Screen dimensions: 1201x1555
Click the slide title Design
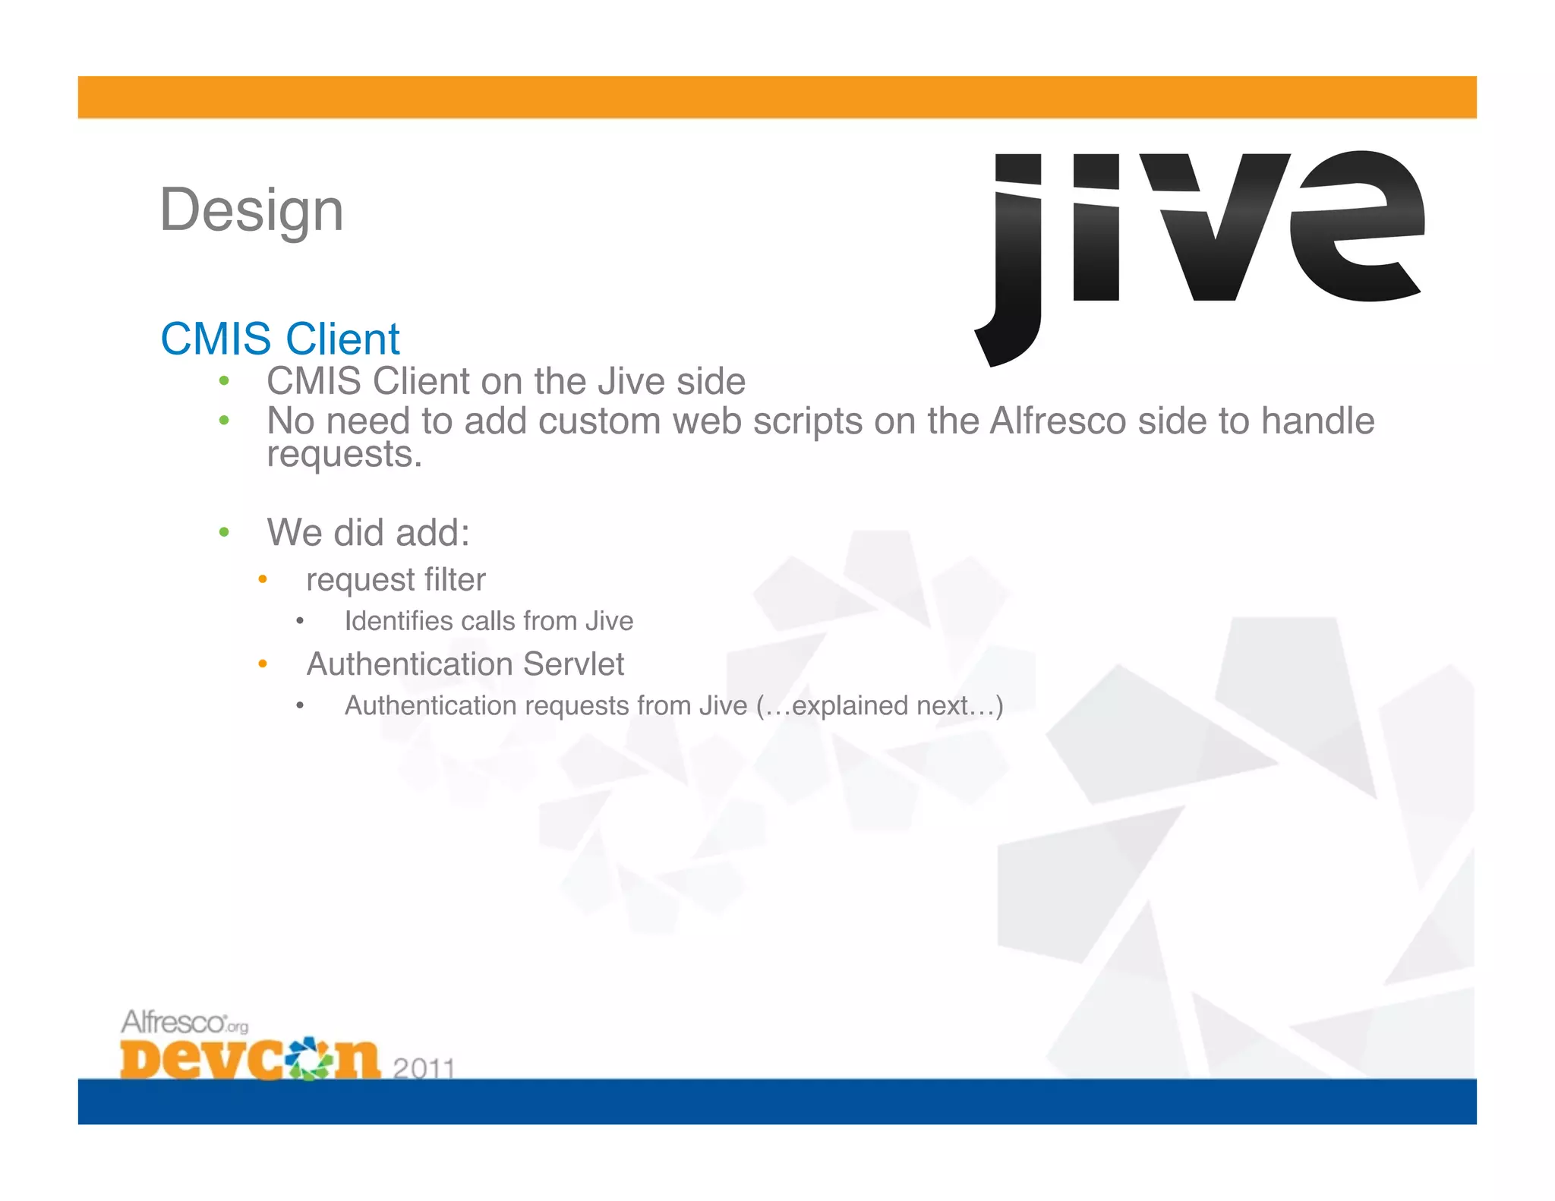[251, 210]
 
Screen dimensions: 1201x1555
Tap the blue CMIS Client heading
[279, 339]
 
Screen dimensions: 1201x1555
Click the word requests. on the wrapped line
[344, 455]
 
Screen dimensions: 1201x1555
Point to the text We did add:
[368, 532]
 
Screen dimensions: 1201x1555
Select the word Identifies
[398, 621]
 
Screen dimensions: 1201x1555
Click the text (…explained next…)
[879, 706]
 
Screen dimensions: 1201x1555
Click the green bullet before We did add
[224, 532]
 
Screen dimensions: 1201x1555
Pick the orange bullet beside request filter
[263, 580]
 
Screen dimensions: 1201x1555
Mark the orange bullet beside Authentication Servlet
[263, 664]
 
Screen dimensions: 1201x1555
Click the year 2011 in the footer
[424, 1068]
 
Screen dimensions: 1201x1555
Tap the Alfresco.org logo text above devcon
[185, 1023]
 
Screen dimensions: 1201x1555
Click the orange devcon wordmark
[250, 1058]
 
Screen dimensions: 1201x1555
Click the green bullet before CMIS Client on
[224, 381]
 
